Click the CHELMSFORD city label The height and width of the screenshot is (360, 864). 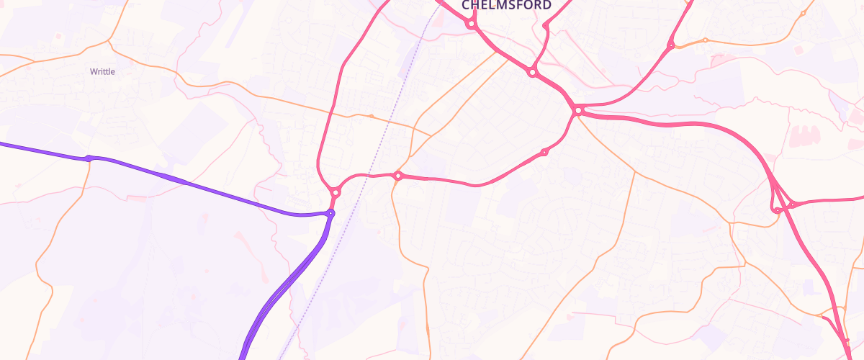[x=506, y=5]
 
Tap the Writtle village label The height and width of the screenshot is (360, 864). [x=102, y=71]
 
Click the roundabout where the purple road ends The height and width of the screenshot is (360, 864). [x=330, y=213]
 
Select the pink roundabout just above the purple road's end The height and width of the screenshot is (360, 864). [x=335, y=192]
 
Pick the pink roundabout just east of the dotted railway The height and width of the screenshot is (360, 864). [x=397, y=176]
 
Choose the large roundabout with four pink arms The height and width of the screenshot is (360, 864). [x=577, y=110]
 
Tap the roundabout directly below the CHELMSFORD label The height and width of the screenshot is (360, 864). [x=471, y=24]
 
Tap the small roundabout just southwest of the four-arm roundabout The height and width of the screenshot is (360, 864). [x=544, y=152]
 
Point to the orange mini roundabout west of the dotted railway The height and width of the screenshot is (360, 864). [x=371, y=115]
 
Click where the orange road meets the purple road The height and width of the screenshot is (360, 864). [x=89, y=158]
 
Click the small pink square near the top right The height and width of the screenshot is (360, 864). [x=798, y=50]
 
